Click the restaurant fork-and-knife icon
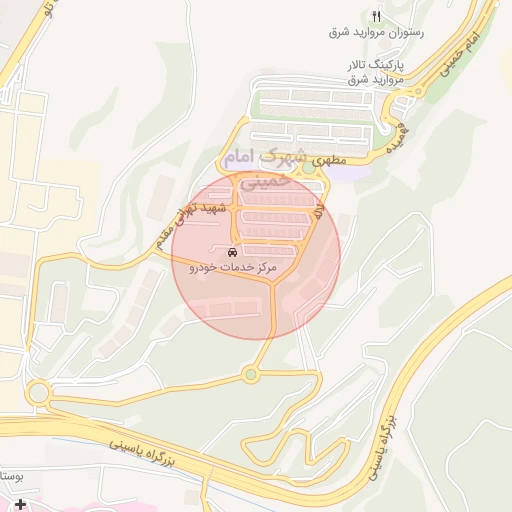[376, 16]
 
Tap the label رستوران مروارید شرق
[376, 32]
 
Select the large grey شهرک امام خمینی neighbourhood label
[258, 167]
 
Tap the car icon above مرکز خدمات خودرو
[232, 251]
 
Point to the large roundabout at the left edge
[40, 392]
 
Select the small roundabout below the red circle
[250, 375]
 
